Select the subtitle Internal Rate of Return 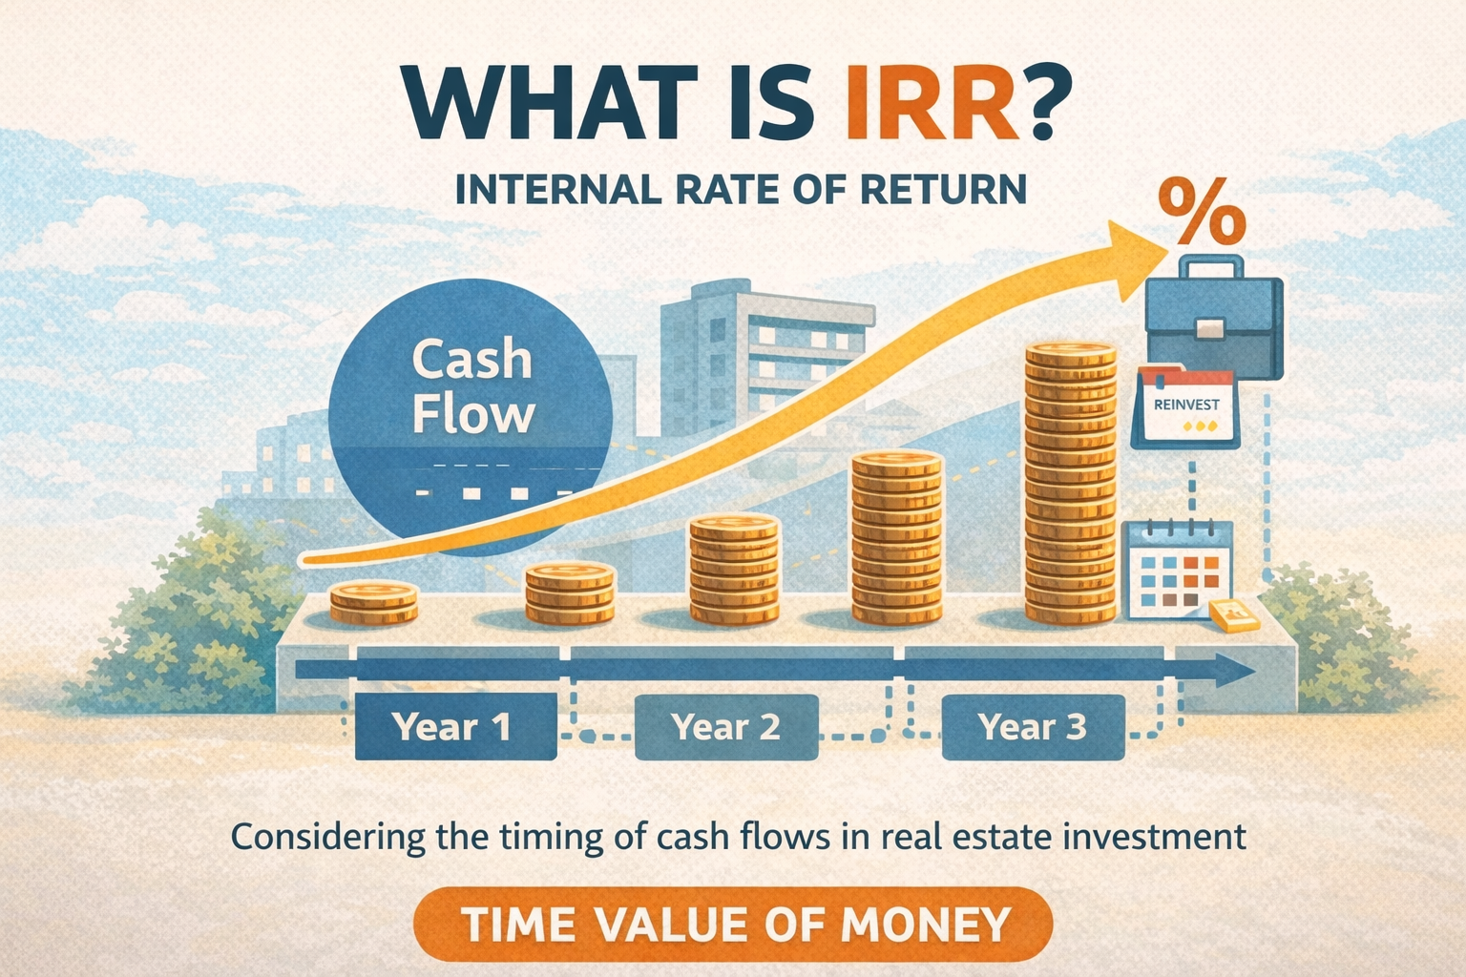(741, 189)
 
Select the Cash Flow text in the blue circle (472, 386)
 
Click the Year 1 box (455, 727)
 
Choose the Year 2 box (726, 727)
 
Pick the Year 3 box (1033, 727)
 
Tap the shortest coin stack (374, 602)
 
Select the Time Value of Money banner (733, 924)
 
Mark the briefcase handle (1212, 265)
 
